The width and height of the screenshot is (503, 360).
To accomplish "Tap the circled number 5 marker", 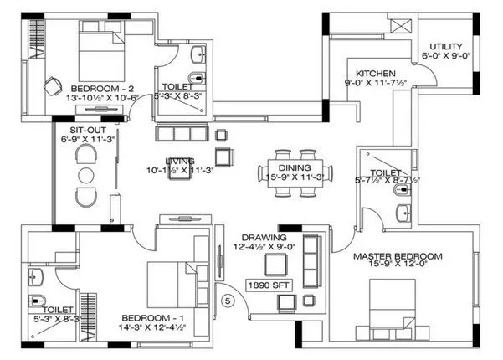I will tap(225, 297).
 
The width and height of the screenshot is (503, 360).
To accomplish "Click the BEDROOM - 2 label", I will tap(103, 88).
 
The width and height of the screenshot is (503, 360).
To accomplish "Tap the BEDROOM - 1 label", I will tap(153, 318).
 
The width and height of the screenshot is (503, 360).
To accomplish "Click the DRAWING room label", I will tap(266, 237).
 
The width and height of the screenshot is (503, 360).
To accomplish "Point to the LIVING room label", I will tap(179, 161).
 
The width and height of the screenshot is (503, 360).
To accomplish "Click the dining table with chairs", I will tap(295, 172).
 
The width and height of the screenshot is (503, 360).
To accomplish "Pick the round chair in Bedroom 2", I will tap(52, 85).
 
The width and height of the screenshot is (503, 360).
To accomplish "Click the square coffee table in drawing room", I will tap(275, 264).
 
